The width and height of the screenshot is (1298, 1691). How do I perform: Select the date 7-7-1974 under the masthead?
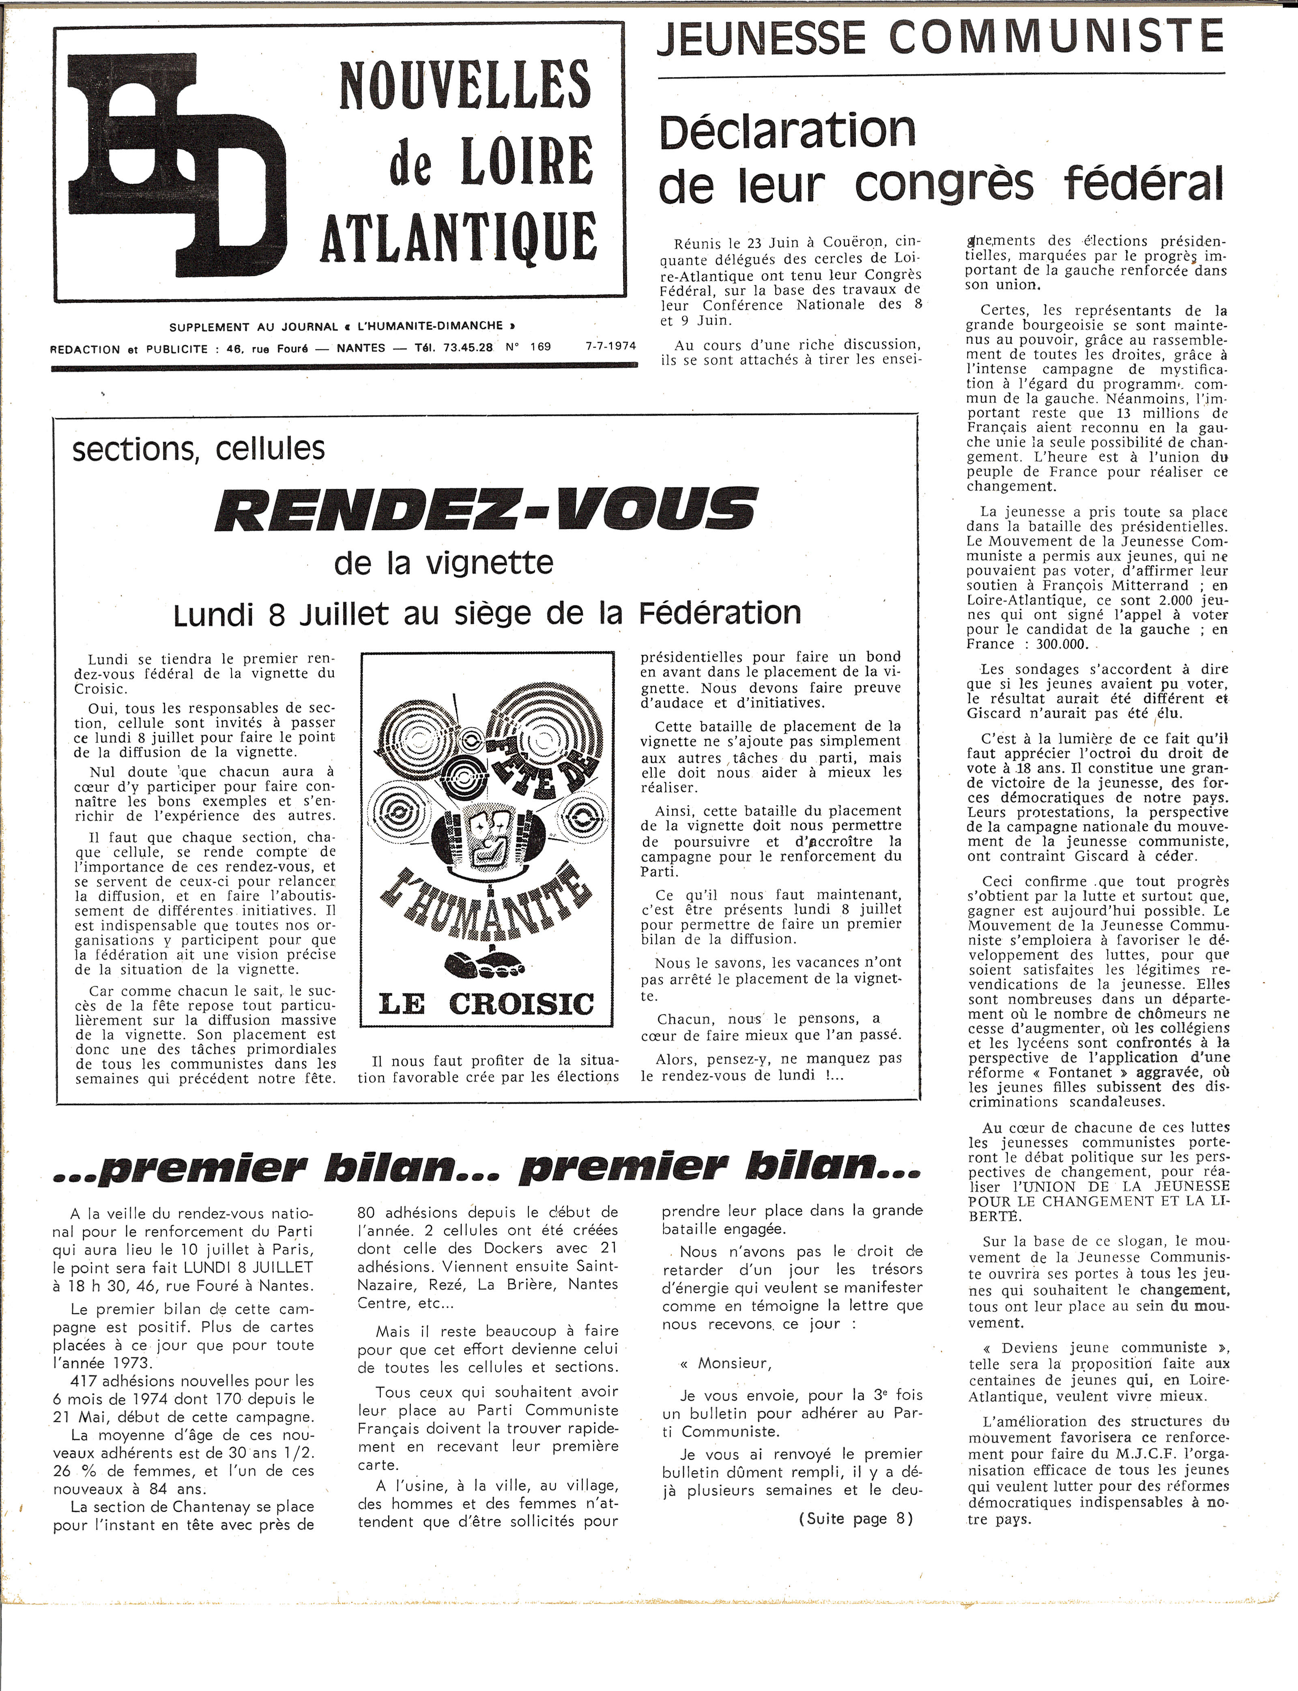point(610,346)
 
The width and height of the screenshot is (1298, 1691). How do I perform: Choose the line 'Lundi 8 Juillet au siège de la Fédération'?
point(487,613)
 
